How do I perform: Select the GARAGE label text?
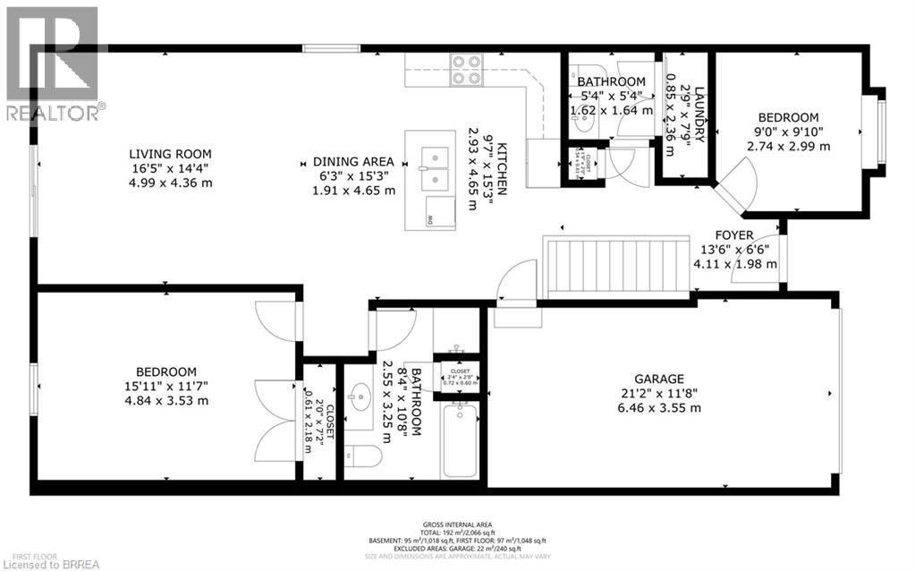click(x=660, y=379)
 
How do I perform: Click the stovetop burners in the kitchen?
click(x=464, y=70)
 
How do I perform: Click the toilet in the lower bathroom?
click(x=363, y=456)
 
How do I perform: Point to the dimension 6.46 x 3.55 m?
click(x=660, y=407)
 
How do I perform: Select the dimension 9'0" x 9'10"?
click(x=788, y=132)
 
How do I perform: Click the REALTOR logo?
click(x=52, y=63)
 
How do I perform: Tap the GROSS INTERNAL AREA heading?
click(x=457, y=524)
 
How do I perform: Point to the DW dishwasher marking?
click(x=430, y=218)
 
